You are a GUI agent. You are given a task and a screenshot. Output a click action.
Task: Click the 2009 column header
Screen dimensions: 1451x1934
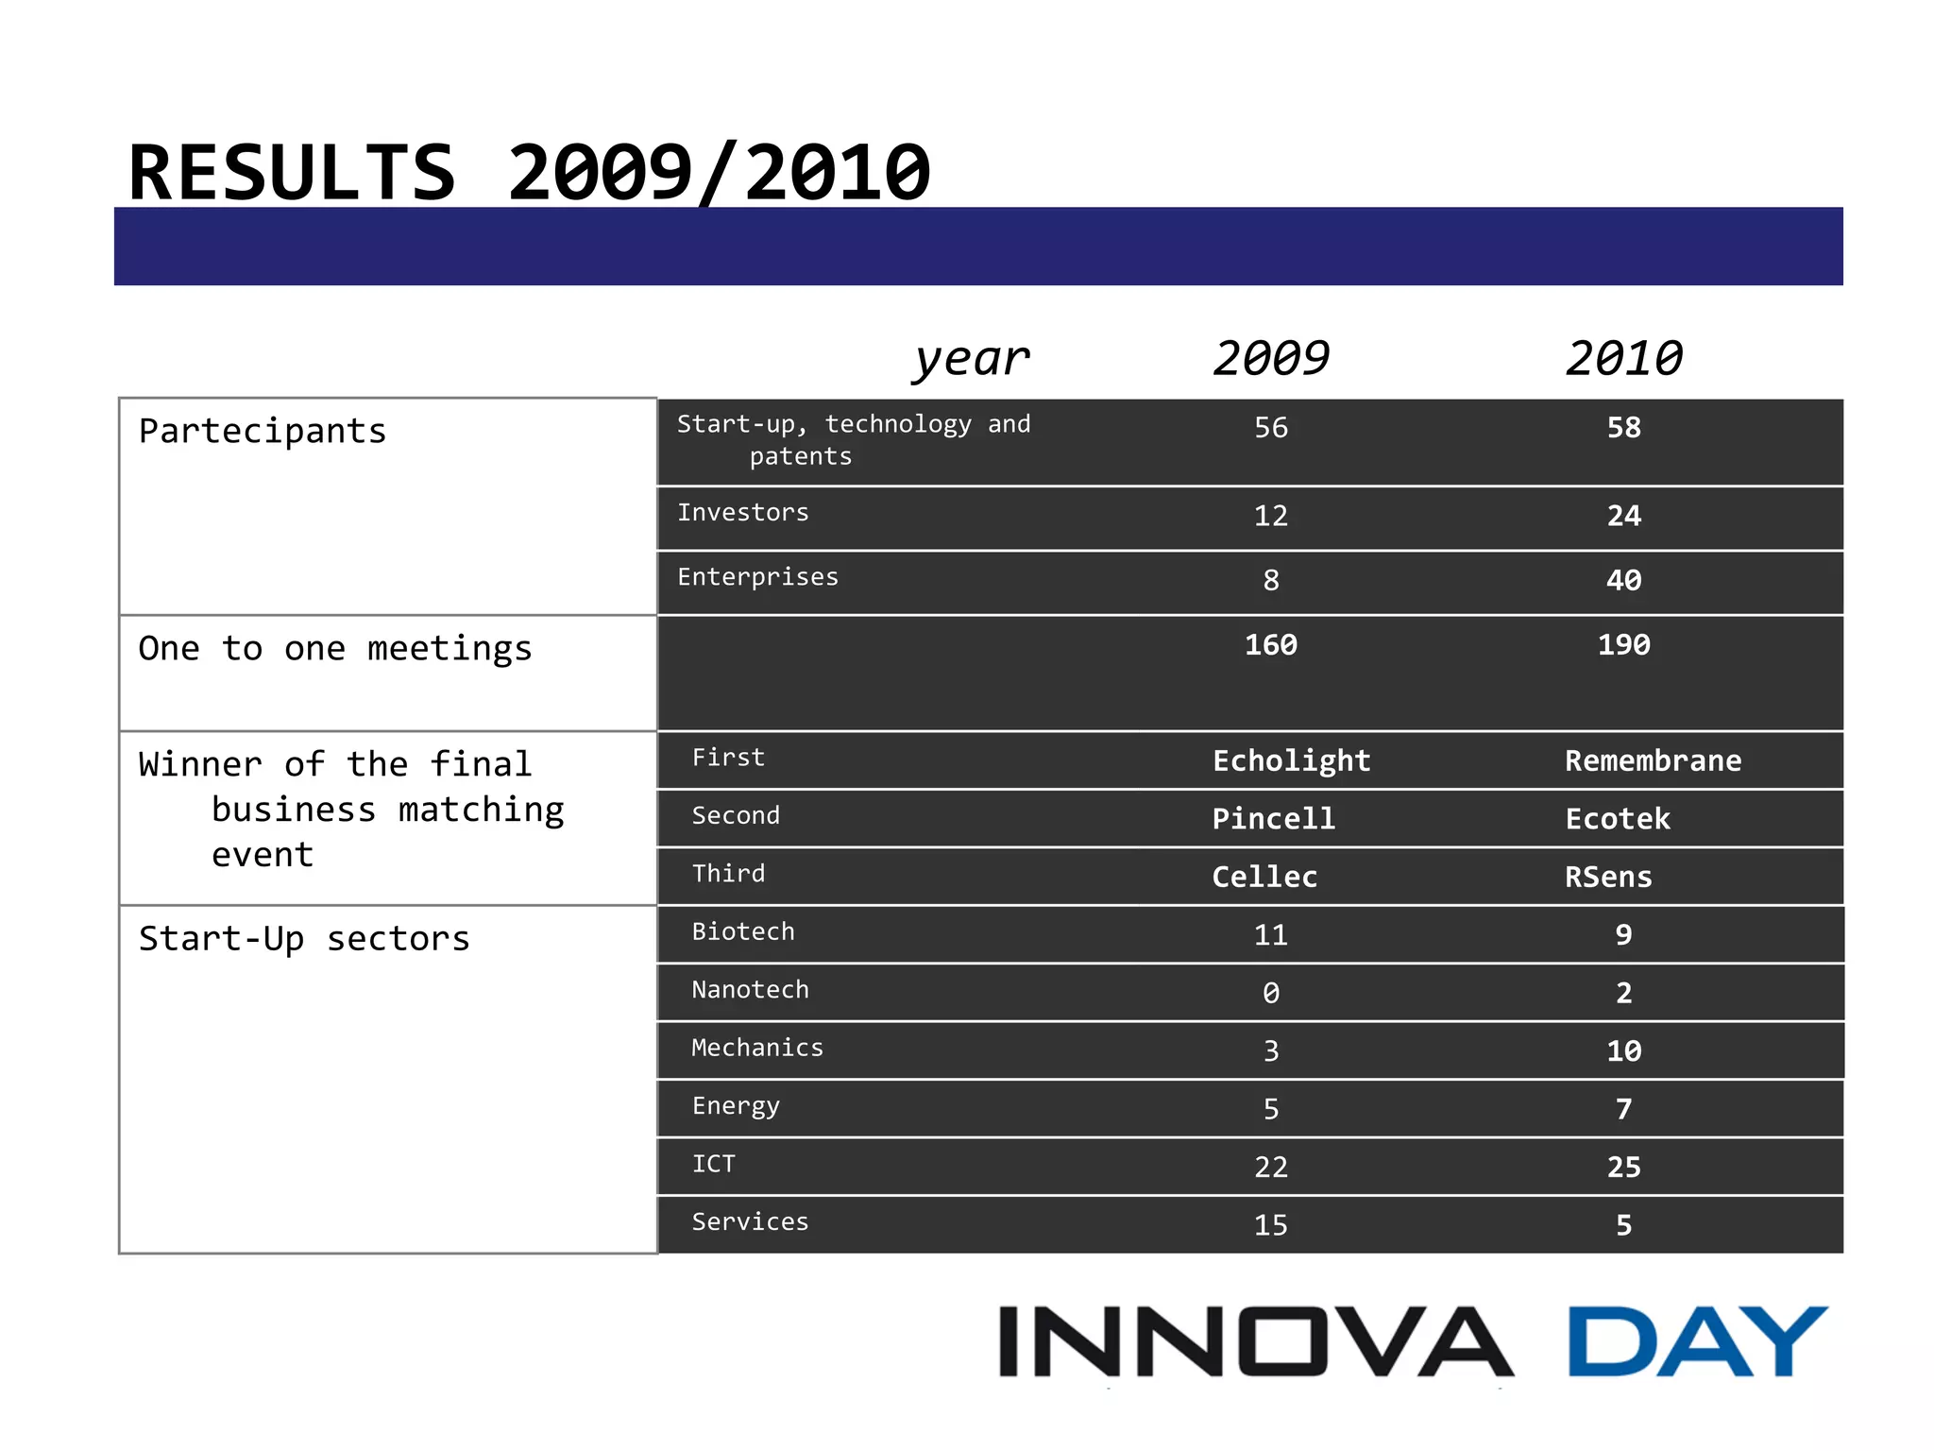coord(1271,359)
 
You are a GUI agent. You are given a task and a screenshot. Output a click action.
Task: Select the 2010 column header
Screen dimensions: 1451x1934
coord(1623,359)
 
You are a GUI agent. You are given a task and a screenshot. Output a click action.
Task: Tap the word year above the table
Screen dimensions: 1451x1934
coord(971,359)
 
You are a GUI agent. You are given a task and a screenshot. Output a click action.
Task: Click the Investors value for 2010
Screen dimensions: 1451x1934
coord(1623,516)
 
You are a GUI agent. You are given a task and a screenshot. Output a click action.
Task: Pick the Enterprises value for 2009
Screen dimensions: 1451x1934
coord(1271,580)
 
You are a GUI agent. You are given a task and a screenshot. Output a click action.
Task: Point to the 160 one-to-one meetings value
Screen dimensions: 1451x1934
coord(1271,645)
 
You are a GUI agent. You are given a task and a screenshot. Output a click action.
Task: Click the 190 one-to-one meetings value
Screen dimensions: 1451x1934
coord(1623,645)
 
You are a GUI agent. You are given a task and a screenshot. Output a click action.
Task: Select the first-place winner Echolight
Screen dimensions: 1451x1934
coord(1291,761)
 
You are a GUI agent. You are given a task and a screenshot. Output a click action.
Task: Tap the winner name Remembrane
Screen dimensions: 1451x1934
coord(1653,761)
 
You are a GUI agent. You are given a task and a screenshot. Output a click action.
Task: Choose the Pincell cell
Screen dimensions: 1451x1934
coord(1273,819)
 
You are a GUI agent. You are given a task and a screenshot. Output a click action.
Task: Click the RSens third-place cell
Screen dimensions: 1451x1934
coord(1608,878)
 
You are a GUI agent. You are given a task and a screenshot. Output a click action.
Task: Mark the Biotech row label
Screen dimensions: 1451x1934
coord(743,932)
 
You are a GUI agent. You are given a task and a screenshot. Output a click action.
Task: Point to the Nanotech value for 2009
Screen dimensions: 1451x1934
coord(1271,993)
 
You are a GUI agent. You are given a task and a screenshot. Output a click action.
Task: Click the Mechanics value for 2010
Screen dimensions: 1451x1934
coord(1623,1051)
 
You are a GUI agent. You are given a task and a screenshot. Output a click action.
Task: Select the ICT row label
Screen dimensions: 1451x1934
coord(713,1165)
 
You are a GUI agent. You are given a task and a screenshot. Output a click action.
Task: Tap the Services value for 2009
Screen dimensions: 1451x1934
coord(1271,1225)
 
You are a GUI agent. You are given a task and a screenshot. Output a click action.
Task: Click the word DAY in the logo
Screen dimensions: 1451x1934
coord(1697,1342)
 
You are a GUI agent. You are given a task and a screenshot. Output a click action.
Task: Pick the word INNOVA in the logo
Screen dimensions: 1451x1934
coord(1256,1342)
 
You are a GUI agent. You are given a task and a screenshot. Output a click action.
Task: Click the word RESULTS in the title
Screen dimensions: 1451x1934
coord(292,173)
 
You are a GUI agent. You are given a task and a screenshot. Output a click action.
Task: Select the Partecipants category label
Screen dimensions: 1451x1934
coord(263,432)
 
